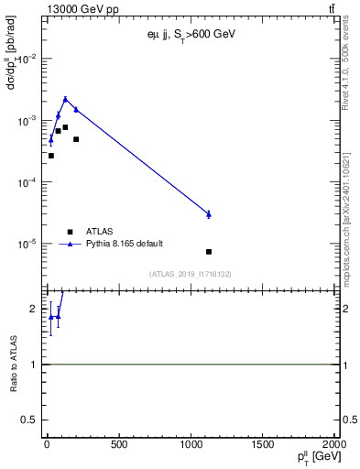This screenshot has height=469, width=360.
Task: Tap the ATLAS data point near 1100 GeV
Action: pyautogui.click(x=209, y=251)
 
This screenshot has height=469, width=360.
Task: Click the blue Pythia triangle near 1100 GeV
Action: pyautogui.click(x=209, y=213)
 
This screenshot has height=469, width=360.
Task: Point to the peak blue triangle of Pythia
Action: pyautogui.click(x=65, y=99)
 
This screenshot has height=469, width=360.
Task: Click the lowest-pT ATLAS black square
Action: pyautogui.click(x=50, y=156)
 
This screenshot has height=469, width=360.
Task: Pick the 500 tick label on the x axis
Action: pyautogui.click(x=118, y=445)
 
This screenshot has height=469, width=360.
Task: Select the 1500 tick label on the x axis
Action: pyautogui.click(x=263, y=445)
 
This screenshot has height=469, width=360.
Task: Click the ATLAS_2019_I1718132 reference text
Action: pyautogui.click(x=190, y=274)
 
